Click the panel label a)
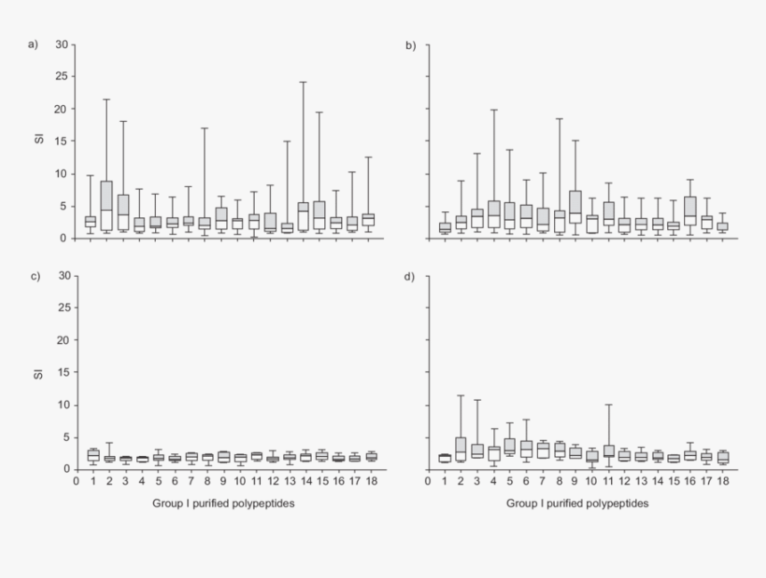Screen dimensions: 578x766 pyautogui.click(x=34, y=45)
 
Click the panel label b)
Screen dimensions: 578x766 pyautogui.click(x=411, y=45)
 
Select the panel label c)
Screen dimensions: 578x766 pyautogui.click(x=34, y=275)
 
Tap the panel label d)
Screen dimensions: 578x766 pyautogui.click(x=411, y=275)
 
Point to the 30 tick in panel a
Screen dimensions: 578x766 pyautogui.click(x=61, y=45)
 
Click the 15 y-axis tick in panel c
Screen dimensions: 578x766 pyautogui.click(x=61, y=372)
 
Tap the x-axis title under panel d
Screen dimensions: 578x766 pyautogui.click(x=577, y=503)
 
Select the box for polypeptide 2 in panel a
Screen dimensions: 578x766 pyautogui.click(x=107, y=206)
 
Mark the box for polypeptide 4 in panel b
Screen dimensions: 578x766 pyautogui.click(x=494, y=214)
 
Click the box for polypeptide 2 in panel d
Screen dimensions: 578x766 pyautogui.click(x=460, y=449)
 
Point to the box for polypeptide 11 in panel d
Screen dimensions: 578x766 pyautogui.click(x=608, y=451)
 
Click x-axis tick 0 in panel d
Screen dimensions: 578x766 pyautogui.click(x=428, y=481)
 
